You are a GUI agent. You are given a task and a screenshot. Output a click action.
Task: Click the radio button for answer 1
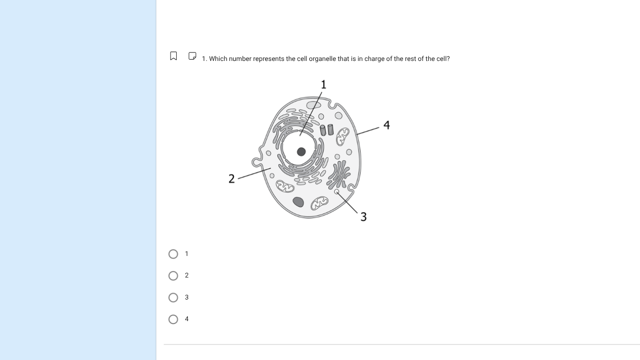coord(173,254)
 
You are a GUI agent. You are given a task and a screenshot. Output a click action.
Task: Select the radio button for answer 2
coord(173,276)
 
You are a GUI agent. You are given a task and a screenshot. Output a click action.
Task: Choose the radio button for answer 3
coord(173,298)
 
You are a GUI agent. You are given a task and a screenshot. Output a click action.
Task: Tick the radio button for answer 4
coord(173,319)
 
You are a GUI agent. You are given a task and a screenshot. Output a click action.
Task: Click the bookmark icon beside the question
coord(173,56)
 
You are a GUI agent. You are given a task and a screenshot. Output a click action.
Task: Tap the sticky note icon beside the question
coord(192,56)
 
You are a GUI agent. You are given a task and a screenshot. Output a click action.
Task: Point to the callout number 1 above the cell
coord(323,84)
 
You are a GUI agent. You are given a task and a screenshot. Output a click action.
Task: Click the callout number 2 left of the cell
coord(231,179)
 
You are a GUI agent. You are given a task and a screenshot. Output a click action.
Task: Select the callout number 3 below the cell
coord(364,217)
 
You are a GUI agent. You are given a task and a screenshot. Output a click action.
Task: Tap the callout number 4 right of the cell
coord(387,125)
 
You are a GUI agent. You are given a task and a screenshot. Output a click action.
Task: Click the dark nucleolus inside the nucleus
coord(301,151)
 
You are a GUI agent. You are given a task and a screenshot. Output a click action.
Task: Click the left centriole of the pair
coord(323,130)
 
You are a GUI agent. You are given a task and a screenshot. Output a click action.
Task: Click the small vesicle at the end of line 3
coord(336,191)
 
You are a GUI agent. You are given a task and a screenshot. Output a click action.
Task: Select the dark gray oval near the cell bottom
coord(298,202)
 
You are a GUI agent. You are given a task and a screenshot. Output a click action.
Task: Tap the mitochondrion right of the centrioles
coord(343,135)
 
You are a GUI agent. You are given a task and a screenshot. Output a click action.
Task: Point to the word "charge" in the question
coord(374,59)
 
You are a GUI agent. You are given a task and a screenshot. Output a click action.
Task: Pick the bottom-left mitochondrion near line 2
coord(285,187)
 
